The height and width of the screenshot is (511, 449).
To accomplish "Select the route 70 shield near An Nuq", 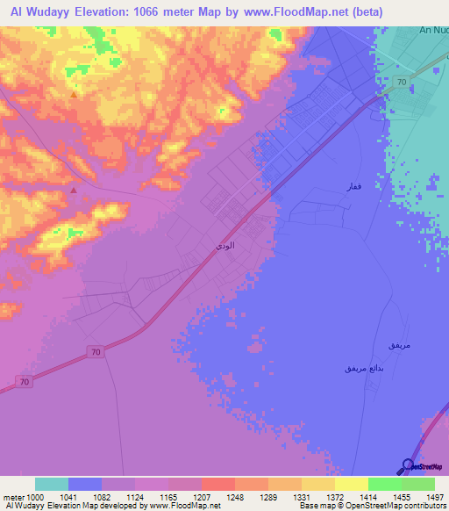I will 400,82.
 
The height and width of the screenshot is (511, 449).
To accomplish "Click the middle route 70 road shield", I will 95,352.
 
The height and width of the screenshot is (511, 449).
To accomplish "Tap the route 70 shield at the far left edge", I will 24,382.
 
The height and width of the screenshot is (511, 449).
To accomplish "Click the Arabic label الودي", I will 224,248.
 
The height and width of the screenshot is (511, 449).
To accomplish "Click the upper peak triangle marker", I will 73,94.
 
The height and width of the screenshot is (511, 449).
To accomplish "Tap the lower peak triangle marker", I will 74,189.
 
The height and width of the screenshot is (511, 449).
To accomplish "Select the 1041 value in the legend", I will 69,496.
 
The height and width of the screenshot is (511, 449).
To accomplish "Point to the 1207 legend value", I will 202,496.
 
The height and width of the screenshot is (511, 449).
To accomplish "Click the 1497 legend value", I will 433,496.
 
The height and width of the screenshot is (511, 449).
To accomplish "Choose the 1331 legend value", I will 301,496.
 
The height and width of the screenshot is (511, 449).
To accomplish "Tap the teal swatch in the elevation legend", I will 52,484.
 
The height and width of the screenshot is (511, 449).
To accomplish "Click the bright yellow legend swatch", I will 351,484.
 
